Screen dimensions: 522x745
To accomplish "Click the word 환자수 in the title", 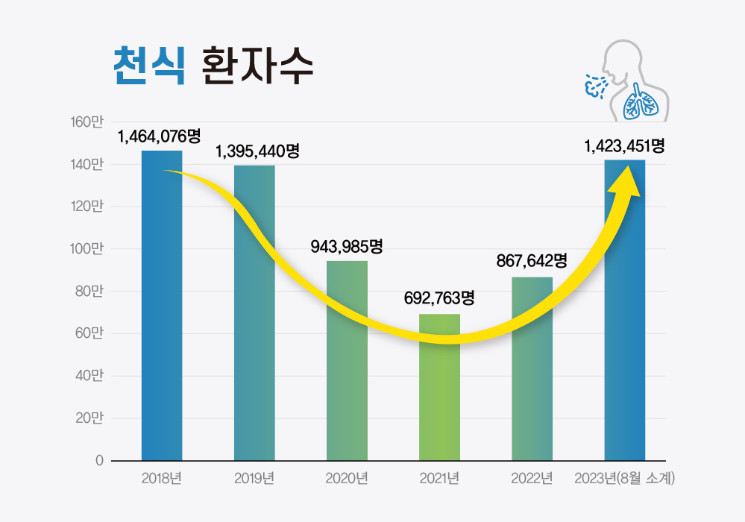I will click(x=257, y=66).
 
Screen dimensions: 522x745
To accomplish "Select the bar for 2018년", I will click(x=162, y=313).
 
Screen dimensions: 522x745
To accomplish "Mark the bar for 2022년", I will click(x=532, y=373).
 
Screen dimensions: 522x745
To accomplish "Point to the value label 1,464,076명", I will click(x=160, y=136).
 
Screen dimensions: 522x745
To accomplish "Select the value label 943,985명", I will click(x=347, y=246).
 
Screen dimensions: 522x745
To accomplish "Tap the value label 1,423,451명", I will click(x=624, y=145).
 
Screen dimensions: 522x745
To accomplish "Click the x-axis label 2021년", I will click(x=439, y=478).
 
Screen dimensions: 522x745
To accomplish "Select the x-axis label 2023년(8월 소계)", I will click(x=624, y=478).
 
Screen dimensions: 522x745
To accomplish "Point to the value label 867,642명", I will click(x=532, y=261).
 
